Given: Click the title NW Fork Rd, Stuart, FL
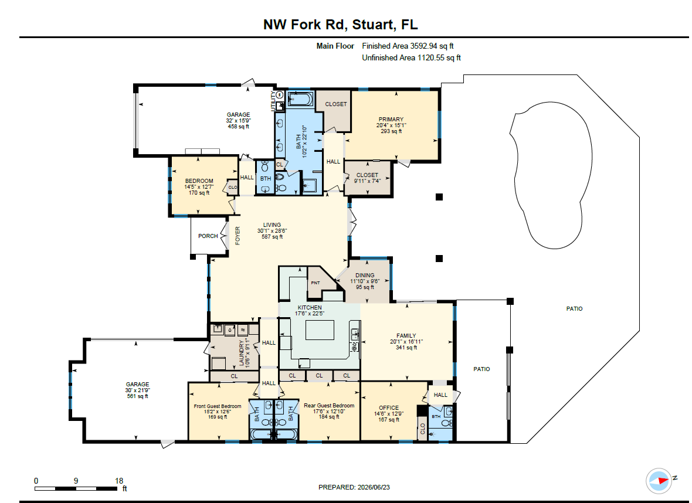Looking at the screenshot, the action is (340, 24).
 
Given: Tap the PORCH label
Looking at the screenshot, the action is (208, 236).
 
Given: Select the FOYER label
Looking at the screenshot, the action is (238, 236).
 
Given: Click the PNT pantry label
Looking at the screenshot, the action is (315, 283).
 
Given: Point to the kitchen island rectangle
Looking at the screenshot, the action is (320, 329).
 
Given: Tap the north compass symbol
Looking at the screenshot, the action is (659, 481).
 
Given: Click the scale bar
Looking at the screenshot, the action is (76, 488).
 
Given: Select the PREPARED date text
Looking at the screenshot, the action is (354, 487).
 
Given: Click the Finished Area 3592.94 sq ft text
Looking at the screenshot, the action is (408, 46).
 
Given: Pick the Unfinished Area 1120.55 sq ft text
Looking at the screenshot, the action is (411, 57).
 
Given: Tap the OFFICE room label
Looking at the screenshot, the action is (389, 407).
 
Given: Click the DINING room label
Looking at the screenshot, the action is (365, 275).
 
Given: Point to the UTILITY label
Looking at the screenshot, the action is (274, 101).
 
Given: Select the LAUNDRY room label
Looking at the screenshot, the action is (241, 353).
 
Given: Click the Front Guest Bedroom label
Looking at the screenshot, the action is (218, 406).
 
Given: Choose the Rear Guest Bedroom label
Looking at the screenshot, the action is (329, 406).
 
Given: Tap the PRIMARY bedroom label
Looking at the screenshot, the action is (391, 119).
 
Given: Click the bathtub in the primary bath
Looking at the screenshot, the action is (300, 99).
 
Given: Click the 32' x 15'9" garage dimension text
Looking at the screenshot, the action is (238, 120).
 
